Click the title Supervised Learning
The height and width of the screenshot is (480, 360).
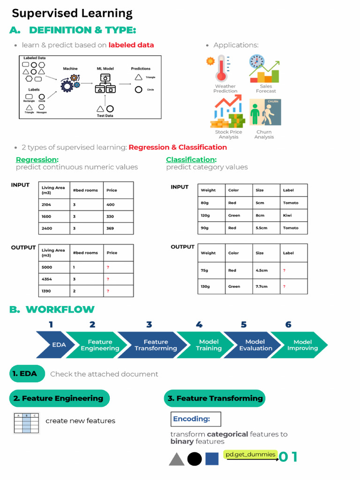[x=72, y=13]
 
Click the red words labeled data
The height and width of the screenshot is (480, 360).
[x=131, y=45]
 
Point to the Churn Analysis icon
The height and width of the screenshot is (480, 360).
[x=265, y=112]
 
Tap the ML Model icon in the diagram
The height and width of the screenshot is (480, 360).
[x=105, y=83]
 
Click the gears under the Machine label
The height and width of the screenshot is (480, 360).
[x=70, y=83]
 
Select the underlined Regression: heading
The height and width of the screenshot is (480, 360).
[x=37, y=159]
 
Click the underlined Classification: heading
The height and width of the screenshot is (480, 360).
[x=191, y=159]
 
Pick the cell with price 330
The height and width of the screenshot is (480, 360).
[x=118, y=217]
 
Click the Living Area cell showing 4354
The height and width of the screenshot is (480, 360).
[x=54, y=279]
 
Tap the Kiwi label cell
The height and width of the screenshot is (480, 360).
[x=293, y=216]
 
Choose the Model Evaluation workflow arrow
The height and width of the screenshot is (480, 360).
[x=255, y=345]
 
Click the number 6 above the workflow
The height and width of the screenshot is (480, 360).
[x=288, y=324]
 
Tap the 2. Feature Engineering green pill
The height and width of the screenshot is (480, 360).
[x=59, y=398]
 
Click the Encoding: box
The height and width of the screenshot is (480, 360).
[x=195, y=419]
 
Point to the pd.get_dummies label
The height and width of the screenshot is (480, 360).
[x=250, y=455]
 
